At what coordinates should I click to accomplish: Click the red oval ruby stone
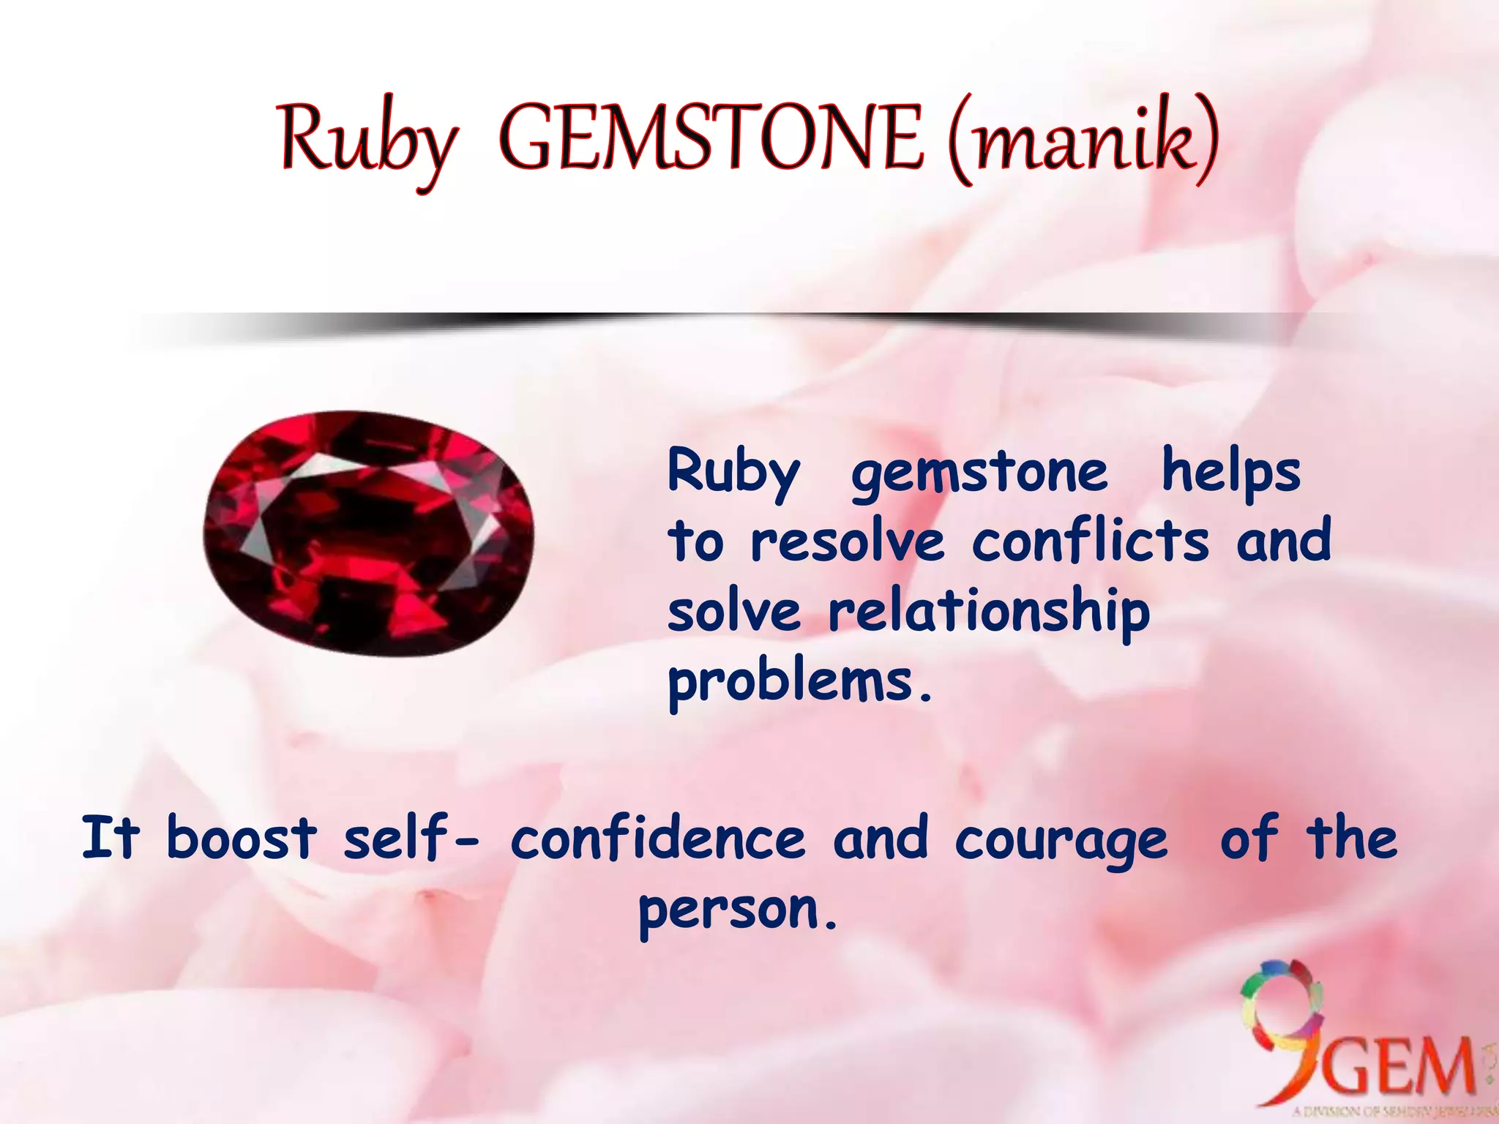tap(368, 533)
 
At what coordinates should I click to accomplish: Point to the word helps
tap(1231, 472)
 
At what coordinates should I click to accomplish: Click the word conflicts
tap(1091, 542)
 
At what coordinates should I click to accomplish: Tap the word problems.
tap(799, 682)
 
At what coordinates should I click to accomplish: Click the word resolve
tap(848, 542)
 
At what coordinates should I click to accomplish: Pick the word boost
tap(242, 838)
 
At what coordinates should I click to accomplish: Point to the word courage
tap(1061, 840)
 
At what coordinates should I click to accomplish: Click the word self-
tap(410, 838)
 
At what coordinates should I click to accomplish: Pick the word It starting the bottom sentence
tap(110, 838)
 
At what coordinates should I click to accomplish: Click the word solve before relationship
tap(734, 612)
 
